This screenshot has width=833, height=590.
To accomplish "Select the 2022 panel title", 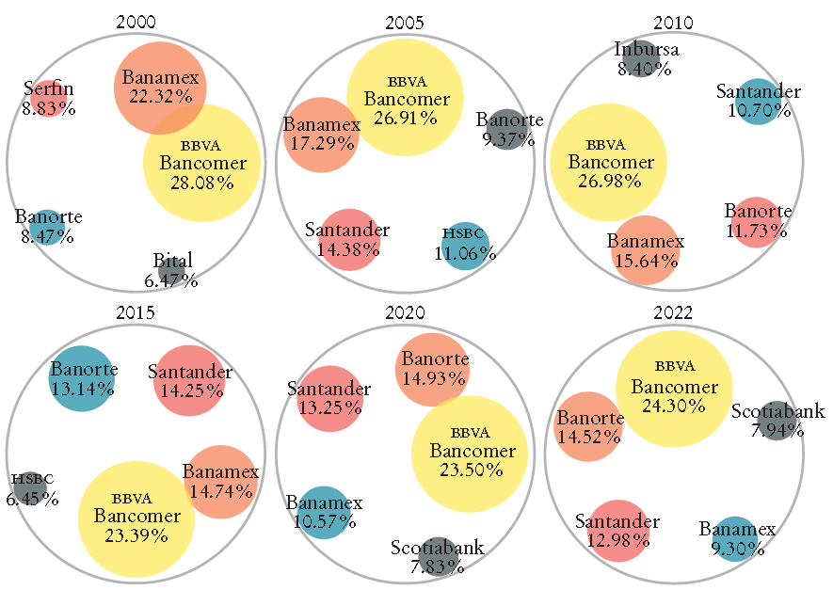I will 675,313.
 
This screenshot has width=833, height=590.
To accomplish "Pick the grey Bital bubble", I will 171,270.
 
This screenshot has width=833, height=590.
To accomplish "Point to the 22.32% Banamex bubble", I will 160,87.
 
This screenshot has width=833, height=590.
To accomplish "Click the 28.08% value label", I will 201,183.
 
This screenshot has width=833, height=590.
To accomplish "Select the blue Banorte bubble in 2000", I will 46,226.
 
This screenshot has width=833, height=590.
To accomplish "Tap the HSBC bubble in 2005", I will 464,245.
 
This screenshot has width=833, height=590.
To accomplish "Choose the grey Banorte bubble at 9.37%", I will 507,129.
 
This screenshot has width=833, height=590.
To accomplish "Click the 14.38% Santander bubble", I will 348,239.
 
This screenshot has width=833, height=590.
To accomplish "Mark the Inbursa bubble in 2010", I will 640,59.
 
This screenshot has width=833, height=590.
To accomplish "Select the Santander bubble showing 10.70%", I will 758,101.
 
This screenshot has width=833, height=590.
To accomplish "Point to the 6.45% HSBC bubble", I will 29,488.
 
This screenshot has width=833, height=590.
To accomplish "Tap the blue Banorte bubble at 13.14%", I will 82,378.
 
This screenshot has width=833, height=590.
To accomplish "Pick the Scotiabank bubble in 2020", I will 436,556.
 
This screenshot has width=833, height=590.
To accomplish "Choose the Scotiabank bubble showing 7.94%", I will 777,420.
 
